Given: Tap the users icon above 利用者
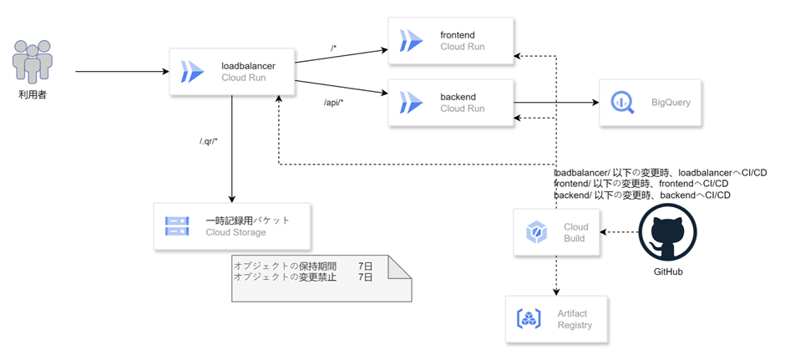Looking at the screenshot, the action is [x=32, y=61].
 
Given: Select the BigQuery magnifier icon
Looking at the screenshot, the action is [x=622, y=103].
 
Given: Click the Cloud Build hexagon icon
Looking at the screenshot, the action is [x=535, y=232].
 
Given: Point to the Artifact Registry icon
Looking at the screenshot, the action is [x=527, y=319].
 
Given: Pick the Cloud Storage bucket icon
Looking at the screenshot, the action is [x=177, y=226].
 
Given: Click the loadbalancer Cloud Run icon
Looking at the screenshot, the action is [x=192, y=71].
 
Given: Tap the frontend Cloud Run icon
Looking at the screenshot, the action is [x=411, y=41].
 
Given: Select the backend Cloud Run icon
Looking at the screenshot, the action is [x=411, y=102].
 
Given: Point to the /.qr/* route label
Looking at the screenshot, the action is [x=208, y=140].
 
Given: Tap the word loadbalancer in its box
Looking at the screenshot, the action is [x=248, y=66].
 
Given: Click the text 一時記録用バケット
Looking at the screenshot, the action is [x=247, y=221].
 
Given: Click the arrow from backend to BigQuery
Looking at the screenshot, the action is [x=556, y=102].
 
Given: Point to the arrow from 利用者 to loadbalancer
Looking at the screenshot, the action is [x=123, y=72].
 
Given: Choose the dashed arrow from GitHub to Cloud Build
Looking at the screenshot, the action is [x=620, y=232].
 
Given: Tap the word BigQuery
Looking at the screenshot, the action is [x=671, y=103].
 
